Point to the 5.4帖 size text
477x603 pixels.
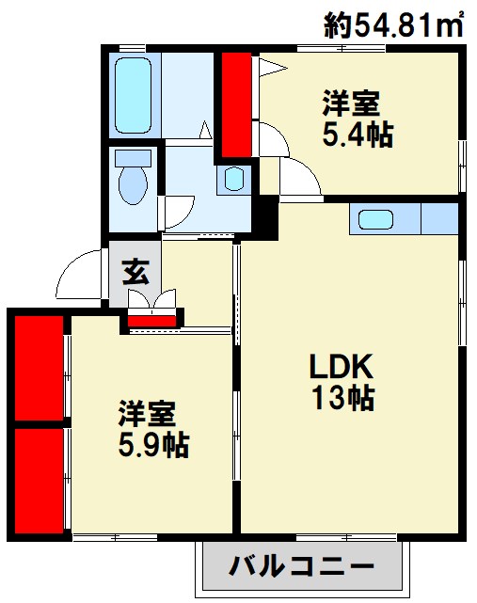(358, 135)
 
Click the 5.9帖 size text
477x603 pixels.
(153, 442)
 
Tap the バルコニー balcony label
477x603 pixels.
(302, 566)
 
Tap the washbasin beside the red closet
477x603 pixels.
(234, 178)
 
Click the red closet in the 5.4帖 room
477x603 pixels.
(235, 103)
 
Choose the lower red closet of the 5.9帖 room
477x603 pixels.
(39, 482)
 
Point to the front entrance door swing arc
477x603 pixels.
(79, 273)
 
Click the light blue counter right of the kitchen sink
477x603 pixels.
(439, 219)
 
